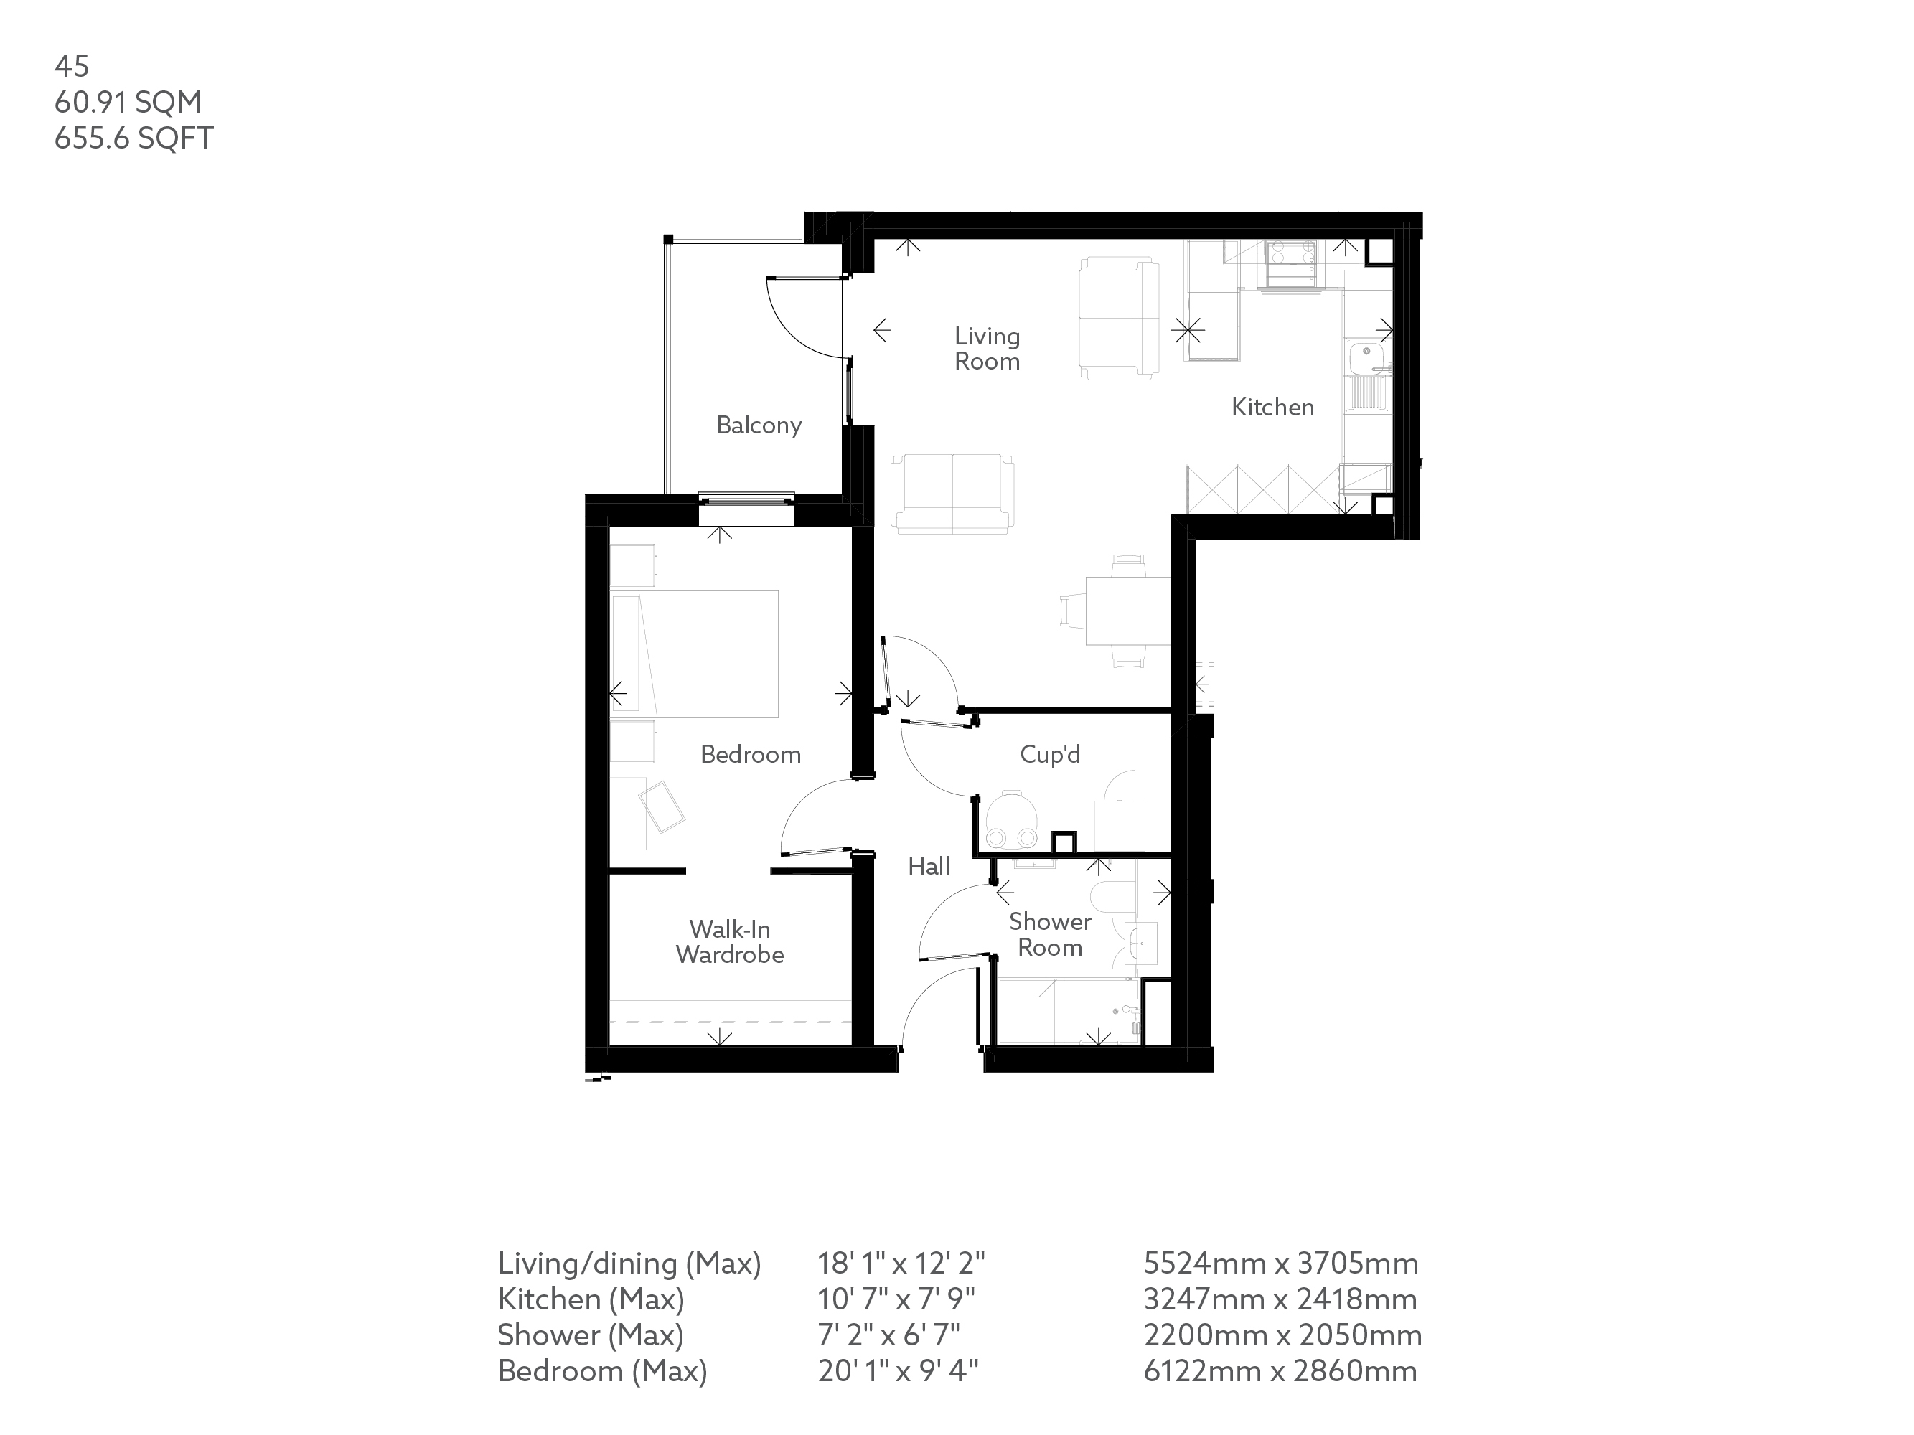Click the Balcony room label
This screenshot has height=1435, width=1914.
coord(759,425)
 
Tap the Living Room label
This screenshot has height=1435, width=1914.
coord(988,349)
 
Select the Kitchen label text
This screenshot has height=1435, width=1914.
coord(1273,408)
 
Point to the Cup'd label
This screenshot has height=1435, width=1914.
coord(1051,754)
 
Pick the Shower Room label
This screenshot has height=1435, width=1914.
coord(1051,934)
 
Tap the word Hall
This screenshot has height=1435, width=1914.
coord(929,866)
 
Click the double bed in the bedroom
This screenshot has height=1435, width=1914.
coord(695,653)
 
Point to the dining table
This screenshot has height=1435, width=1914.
coord(1127,611)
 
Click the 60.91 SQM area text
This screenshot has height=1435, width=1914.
coord(128,102)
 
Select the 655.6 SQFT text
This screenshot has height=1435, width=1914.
coord(134,138)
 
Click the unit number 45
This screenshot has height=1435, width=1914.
coord(72,66)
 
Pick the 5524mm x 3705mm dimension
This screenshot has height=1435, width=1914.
coord(1280,1264)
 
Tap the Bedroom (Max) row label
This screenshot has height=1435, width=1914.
coord(602,1371)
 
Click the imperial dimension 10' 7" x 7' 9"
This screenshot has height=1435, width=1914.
coord(896,1299)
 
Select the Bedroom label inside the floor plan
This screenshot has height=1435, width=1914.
coord(750,754)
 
